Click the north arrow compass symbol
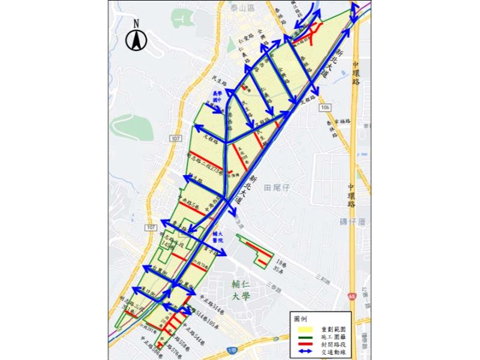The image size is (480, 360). pyautogui.click(x=137, y=38)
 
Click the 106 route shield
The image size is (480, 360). pyautogui.click(x=325, y=107)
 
